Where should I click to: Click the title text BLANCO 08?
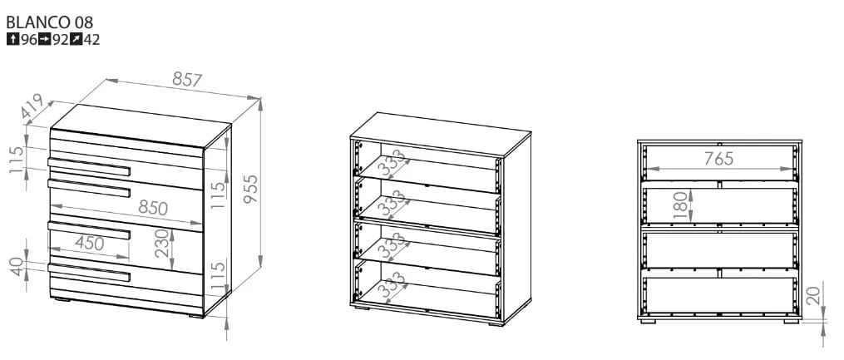tap(50, 22)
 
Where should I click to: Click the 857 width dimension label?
tap(187, 80)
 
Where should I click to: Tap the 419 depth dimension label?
tap(32, 106)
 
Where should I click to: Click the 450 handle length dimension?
tap(89, 244)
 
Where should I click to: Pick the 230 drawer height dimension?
tap(162, 244)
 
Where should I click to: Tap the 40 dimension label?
tap(17, 267)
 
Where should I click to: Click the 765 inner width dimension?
tap(718, 159)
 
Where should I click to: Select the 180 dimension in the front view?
tap(680, 205)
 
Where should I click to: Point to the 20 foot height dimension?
tap(814, 295)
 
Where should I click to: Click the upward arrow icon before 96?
tap(13, 39)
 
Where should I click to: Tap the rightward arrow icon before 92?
tap(45, 39)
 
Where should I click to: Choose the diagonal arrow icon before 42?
tap(77, 39)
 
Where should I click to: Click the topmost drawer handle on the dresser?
tap(89, 167)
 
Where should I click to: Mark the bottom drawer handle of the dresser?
tap(89, 273)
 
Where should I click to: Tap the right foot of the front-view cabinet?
tap(792, 321)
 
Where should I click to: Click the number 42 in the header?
tap(92, 39)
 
